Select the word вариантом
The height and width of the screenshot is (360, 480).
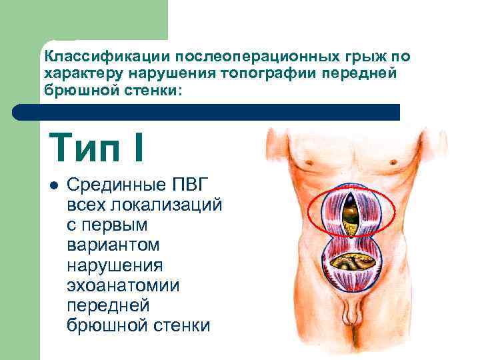tap(113, 245)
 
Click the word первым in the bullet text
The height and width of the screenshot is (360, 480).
tap(116, 224)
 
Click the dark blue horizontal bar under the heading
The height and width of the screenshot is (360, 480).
tap(213, 112)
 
